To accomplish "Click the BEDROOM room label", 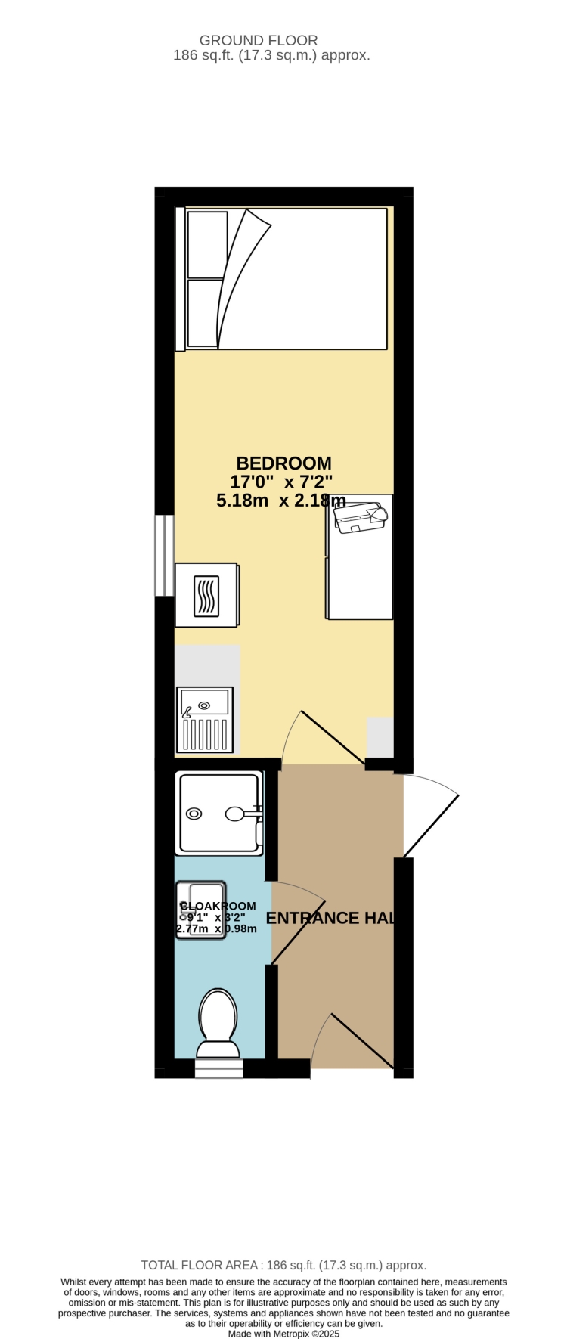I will point(283,463).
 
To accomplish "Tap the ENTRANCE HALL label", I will point(331,918).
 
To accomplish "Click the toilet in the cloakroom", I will point(218,1021).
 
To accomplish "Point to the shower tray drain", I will point(194,814).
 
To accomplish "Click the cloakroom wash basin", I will point(201,910).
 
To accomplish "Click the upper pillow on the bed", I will point(207,243).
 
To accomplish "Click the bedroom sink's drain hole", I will point(204,705).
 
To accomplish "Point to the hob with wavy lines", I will point(206,596).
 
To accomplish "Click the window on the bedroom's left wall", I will point(164,556).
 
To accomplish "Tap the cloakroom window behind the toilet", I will point(218,1068).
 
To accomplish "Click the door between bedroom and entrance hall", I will point(333,738).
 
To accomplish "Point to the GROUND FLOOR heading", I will point(259,40).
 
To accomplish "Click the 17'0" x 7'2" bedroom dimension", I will point(281,482).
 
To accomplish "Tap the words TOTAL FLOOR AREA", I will point(200,1265).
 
